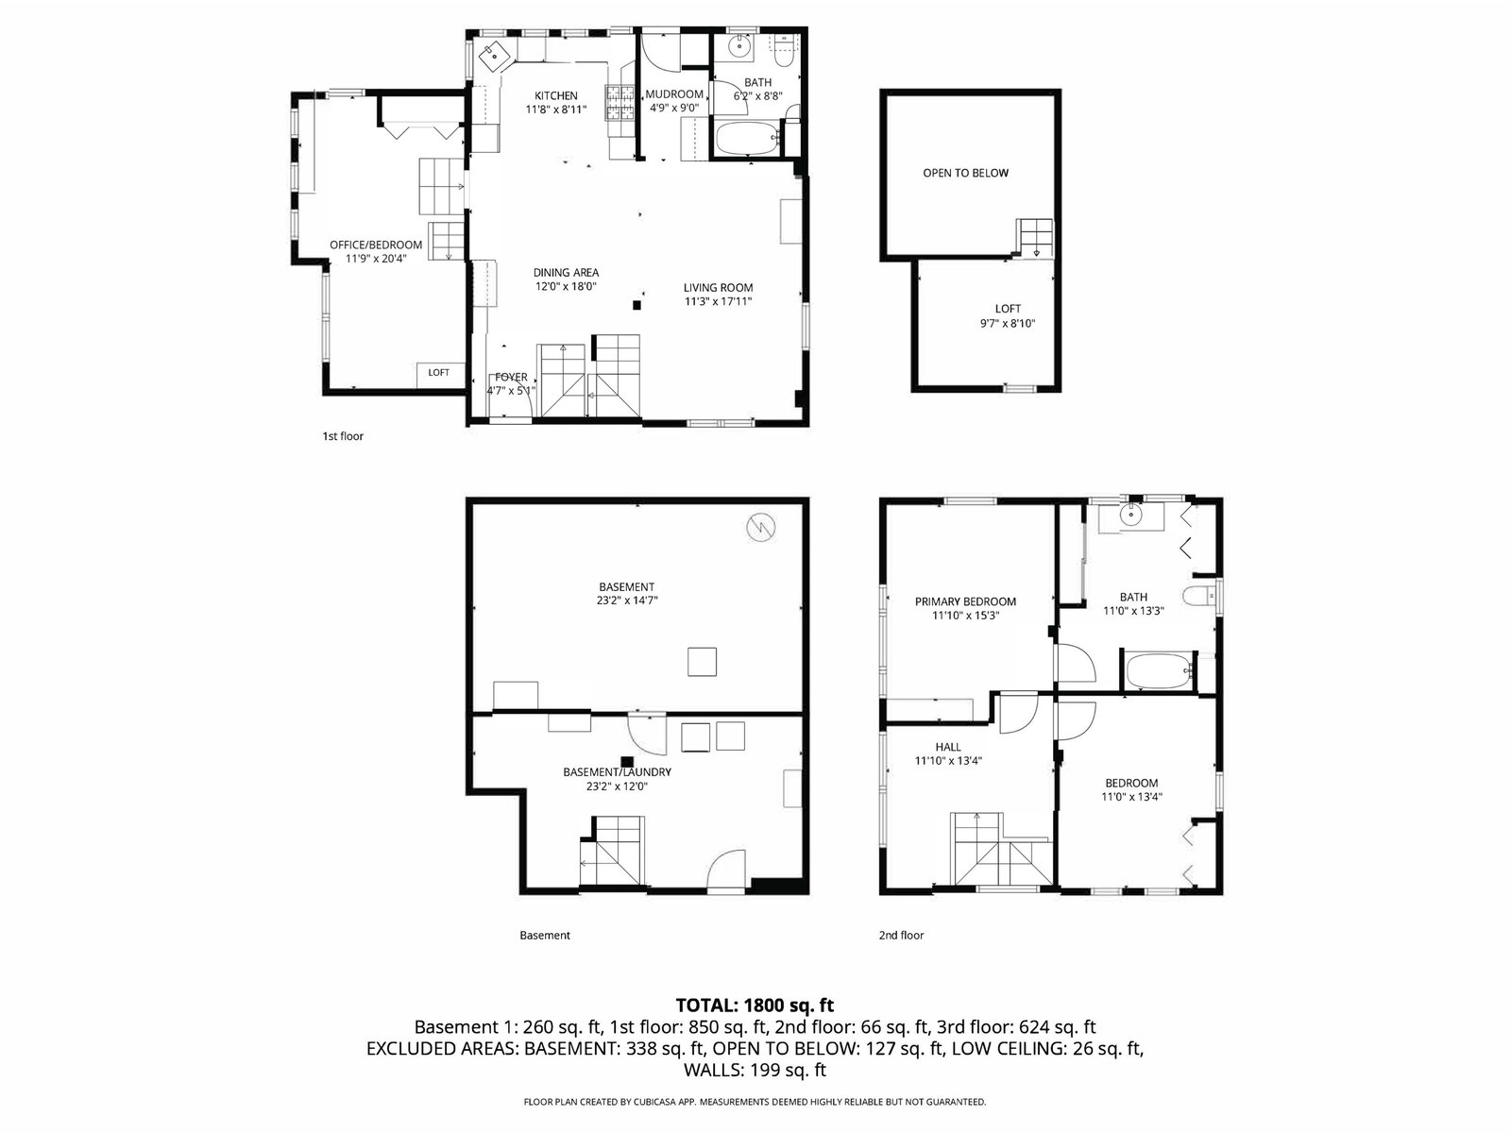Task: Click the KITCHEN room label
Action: tap(556, 95)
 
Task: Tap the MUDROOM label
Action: tap(674, 94)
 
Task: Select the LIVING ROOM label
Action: tap(718, 288)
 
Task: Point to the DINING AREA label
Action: tap(566, 273)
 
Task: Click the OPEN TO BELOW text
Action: tap(966, 173)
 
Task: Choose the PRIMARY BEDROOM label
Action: tap(965, 601)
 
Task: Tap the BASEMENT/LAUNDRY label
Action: tap(617, 771)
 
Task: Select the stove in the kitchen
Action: tap(620, 103)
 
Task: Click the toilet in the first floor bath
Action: tap(784, 50)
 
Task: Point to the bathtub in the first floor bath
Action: tap(748, 138)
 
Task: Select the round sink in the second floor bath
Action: tap(1131, 515)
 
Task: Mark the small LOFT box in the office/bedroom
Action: tap(438, 374)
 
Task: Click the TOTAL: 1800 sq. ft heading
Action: tap(755, 1006)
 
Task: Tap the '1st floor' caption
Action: tap(343, 436)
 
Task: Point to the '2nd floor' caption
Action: tap(901, 935)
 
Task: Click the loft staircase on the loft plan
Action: tap(1035, 239)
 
